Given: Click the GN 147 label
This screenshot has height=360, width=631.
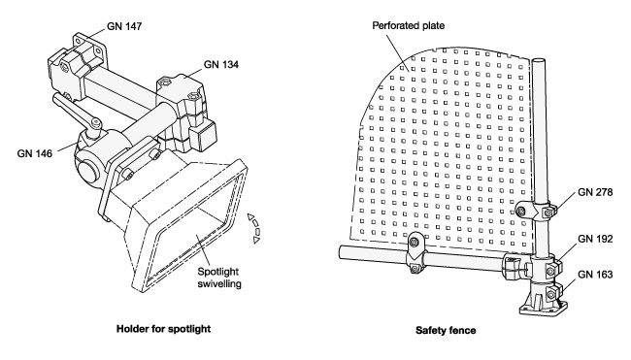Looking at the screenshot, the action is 124,26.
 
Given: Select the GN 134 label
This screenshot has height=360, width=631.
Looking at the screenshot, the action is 221,64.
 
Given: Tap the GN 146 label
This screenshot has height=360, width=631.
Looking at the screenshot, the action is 35,153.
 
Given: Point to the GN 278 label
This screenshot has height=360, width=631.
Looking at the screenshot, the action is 595,192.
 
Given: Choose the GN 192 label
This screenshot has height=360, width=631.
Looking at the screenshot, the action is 595,239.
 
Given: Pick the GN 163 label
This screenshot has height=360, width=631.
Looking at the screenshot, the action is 595,275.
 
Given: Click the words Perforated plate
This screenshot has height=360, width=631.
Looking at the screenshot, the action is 408,26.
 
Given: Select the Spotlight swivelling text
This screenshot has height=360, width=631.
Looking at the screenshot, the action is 219,278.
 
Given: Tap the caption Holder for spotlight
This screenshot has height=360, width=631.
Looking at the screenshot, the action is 163,329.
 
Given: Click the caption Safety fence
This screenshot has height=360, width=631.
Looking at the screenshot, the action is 446,330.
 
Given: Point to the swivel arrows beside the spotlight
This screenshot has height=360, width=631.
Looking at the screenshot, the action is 254,228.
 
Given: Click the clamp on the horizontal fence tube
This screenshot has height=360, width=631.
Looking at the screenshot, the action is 415,253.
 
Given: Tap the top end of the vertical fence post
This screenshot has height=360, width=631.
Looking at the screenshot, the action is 538,61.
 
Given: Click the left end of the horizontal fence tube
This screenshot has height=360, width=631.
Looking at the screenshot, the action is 341,252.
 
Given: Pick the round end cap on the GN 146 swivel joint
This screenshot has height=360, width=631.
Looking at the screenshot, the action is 87,170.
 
